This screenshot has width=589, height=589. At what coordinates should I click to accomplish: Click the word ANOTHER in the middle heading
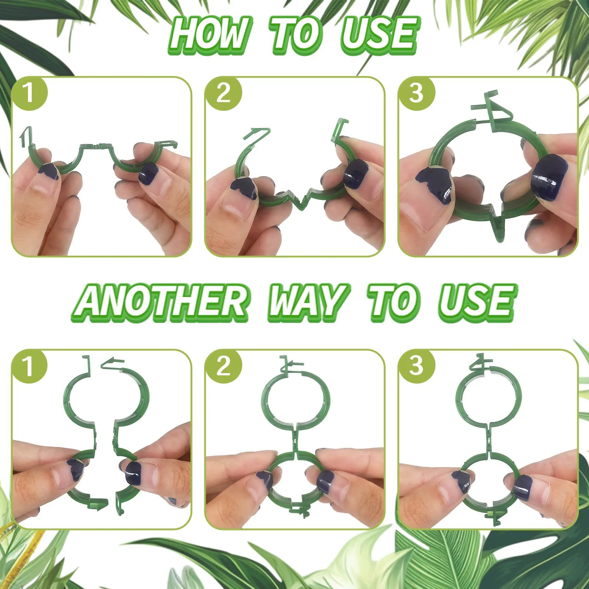point(162,302)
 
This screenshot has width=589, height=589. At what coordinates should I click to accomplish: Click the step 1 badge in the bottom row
point(29,367)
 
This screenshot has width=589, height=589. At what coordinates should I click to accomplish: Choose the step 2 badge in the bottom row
point(223,367)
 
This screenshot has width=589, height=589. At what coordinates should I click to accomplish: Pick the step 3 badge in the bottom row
point(417,367)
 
